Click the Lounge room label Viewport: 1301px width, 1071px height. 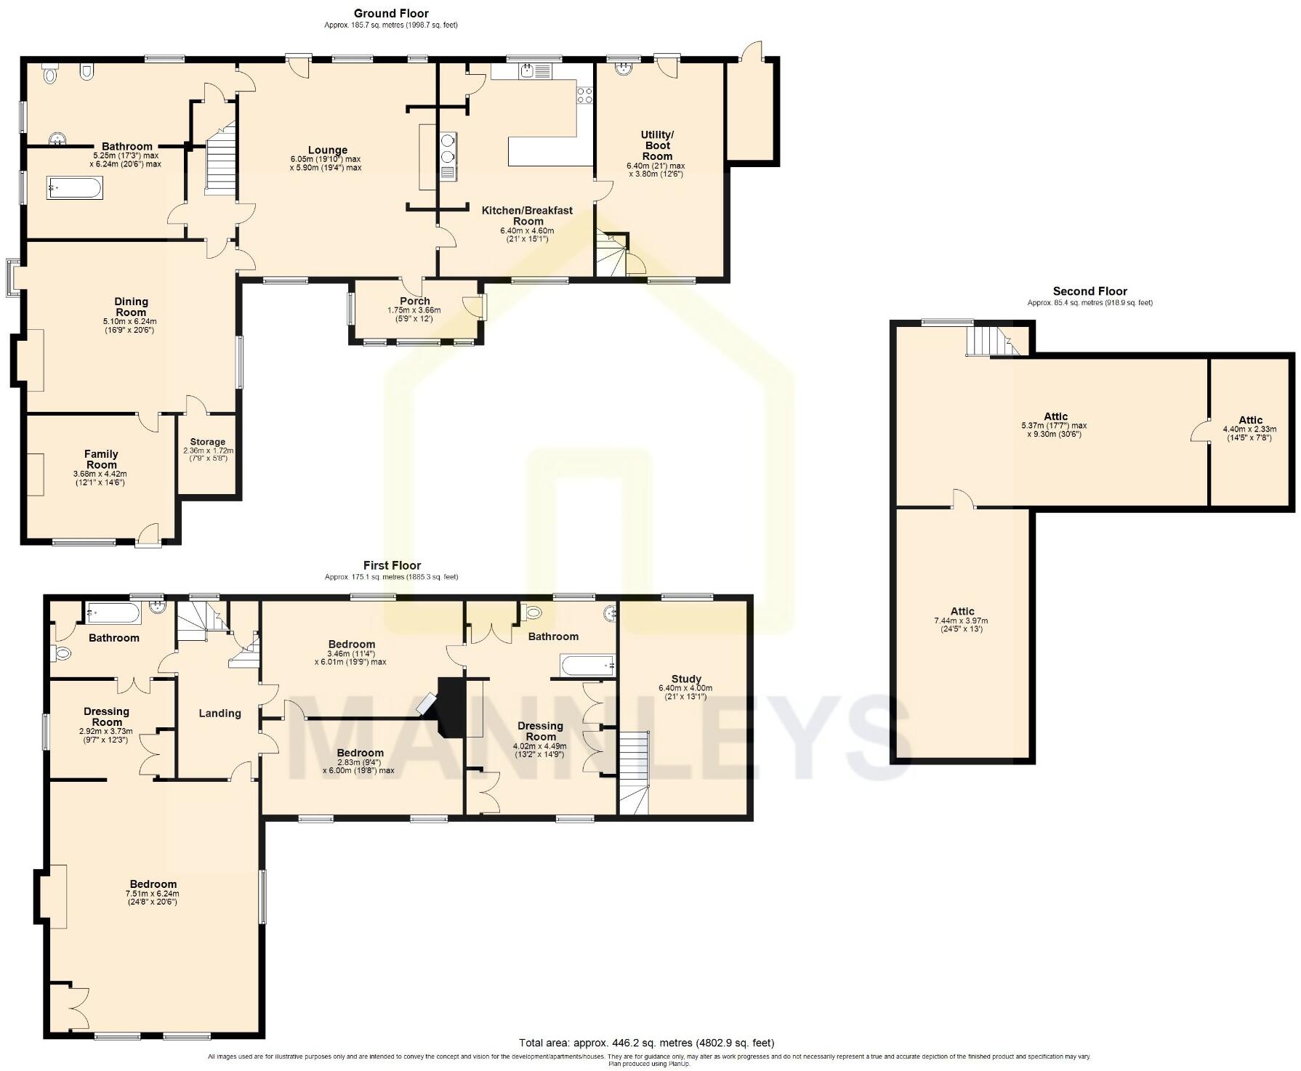click(x=327, y=150)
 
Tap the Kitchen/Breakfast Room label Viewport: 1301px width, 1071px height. click(x=528, y=216)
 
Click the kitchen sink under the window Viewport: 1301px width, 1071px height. click(x=528, y=71)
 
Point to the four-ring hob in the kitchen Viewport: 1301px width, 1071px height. click(x=584, y=94)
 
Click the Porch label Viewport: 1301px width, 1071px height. click(x=415, y=301)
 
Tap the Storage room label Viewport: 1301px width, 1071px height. click(x=208, y=442)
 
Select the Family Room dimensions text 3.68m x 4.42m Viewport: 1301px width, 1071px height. click(x=100, y=474)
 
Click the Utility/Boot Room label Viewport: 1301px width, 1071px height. click(x=657, y=145)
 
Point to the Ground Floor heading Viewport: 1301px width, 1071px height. click(x=391, y=13)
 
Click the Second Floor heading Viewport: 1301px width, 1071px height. click(x=1089, y=291)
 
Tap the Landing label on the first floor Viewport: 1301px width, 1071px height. click(x=219, y=714)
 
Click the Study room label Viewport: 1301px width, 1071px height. click(x=685, y=679)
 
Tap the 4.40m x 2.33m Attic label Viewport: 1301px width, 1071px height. click(x=1250, y=420)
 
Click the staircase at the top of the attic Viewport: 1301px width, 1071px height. click(x=991, y=341)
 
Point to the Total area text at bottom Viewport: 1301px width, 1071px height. click(x=646, y=1043)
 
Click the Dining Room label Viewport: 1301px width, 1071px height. click(x=131, y=307)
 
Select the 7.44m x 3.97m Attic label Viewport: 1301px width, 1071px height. click(x=962, y=611)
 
